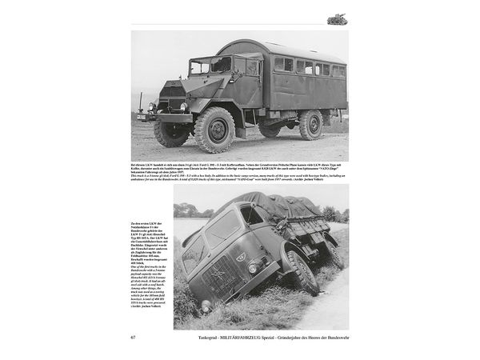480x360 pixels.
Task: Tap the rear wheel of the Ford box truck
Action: [x=311, y=125]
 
